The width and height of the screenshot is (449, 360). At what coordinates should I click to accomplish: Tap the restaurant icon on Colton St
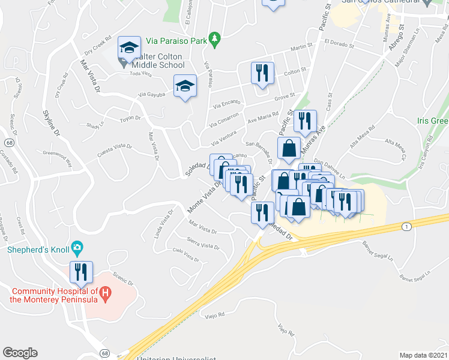point(262,73)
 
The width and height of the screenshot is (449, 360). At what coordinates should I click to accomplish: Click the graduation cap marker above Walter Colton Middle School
point(129,47)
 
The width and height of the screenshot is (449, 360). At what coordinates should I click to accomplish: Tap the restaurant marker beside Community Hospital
point(80,272)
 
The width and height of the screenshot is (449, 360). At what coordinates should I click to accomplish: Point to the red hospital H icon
point(105,295)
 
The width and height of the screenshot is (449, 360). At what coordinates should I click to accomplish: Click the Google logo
point(20,353)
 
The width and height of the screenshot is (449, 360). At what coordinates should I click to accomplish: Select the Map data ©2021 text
point(423,355)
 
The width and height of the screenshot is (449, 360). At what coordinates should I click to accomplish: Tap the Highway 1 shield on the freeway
point(407,226)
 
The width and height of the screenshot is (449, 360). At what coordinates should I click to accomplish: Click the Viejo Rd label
point(214,314)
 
